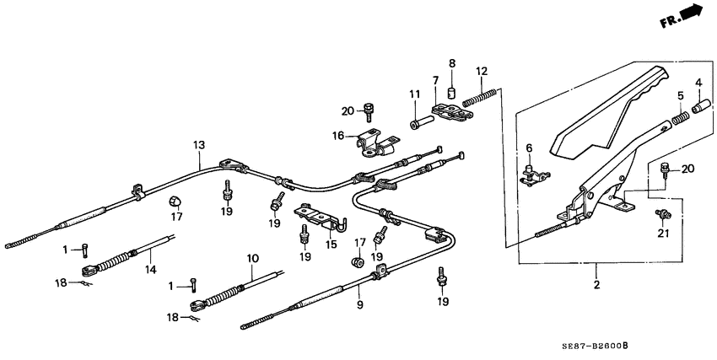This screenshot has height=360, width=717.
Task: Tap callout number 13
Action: (x=198, y=145)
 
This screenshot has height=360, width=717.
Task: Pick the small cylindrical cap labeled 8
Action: (x=451, y=91)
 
